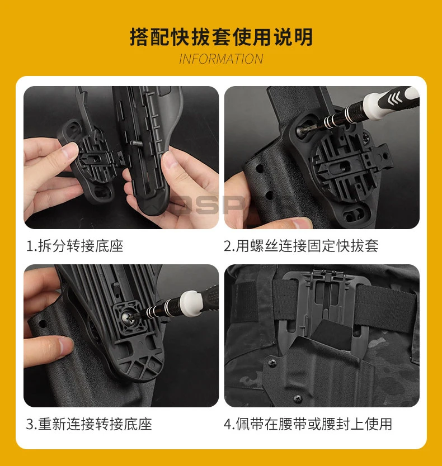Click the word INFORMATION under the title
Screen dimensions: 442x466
221,59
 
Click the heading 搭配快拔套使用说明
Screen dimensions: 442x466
221,37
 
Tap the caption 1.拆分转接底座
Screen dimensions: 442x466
75,246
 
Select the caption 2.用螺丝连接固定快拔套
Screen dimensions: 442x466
301,246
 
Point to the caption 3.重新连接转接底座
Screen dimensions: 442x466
89,424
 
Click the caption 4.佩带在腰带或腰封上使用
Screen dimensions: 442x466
308,424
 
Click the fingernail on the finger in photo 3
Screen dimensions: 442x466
65,346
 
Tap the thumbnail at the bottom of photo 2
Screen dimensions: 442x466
300,223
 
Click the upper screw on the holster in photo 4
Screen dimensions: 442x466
272,362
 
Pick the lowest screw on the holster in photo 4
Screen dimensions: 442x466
298,398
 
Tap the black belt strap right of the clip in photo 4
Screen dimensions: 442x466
386,308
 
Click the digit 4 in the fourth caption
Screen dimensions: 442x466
227,425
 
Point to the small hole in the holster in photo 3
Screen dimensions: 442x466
42,323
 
